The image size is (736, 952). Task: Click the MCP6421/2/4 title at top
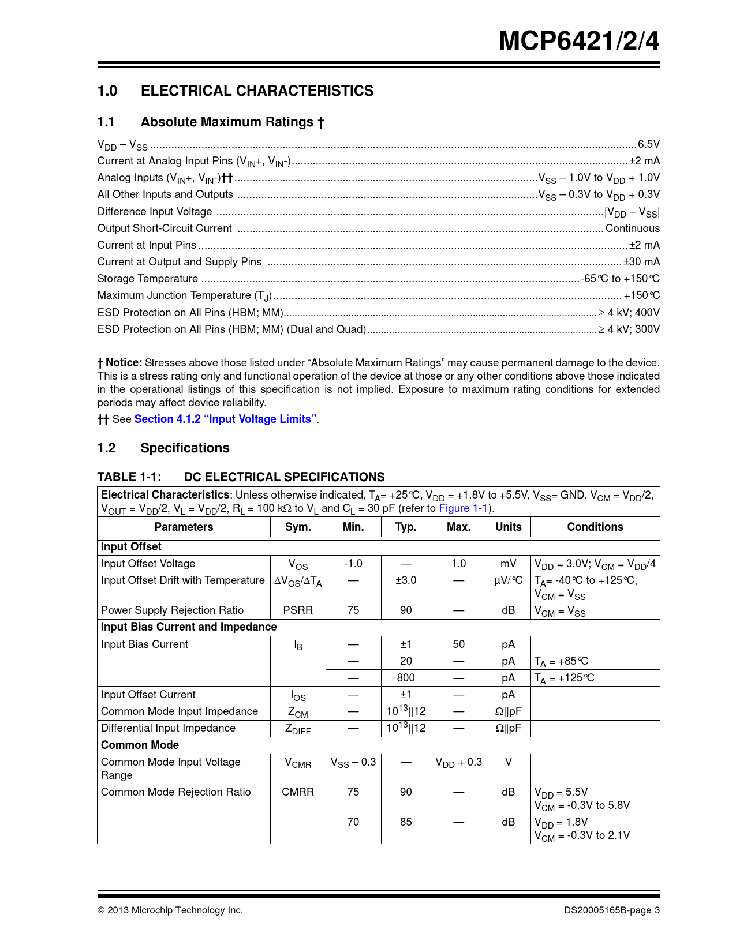578,40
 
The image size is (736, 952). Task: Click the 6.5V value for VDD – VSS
648,144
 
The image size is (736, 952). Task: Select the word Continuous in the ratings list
632,228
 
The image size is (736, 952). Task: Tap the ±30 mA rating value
641,262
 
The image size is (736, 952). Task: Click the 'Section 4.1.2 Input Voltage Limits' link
225,419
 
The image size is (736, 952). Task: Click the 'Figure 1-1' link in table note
464,508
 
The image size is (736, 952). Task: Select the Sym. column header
298,527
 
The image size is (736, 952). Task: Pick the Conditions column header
595,527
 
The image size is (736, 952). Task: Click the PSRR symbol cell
298,610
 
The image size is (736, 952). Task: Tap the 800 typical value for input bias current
406,678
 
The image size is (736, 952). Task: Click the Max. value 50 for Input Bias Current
458,644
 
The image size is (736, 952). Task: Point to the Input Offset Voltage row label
148,564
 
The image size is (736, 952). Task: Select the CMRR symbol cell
298,792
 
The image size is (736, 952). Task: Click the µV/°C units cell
508,580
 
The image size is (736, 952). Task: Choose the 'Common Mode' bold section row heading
140,745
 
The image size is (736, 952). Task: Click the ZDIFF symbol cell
298,729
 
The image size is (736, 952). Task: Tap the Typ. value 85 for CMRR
406,822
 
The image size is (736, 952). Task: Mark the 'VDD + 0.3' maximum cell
458,763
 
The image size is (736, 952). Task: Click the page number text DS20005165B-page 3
612,910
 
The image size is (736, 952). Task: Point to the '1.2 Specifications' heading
163,448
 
